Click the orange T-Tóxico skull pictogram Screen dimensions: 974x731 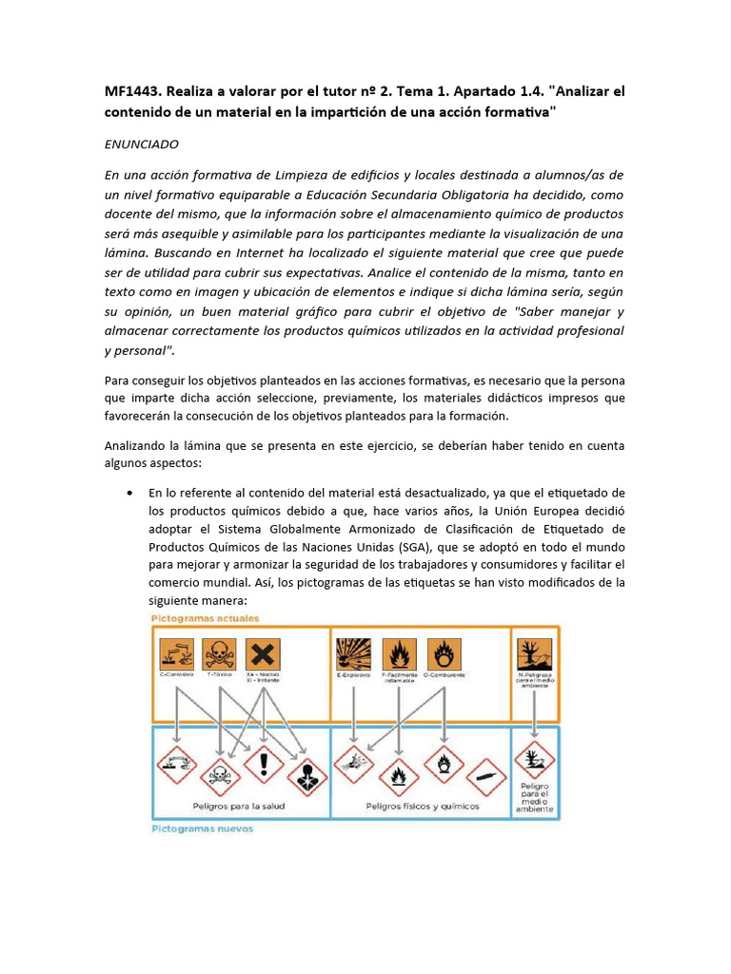(220, 654)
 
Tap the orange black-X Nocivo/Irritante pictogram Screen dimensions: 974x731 (264, 654)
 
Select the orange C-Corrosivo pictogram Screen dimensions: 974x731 (176, 654)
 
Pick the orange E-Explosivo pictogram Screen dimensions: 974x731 (354, 654)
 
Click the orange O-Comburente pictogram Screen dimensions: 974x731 (443, 654)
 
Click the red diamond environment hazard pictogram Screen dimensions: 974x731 (535, 761)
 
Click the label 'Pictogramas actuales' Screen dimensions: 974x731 (204, 618)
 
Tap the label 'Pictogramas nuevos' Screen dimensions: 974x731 (201, 828)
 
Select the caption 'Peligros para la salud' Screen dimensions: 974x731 (239, 806)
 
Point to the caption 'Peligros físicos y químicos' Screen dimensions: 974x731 (423, 806)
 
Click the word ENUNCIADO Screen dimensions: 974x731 (140, 144)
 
